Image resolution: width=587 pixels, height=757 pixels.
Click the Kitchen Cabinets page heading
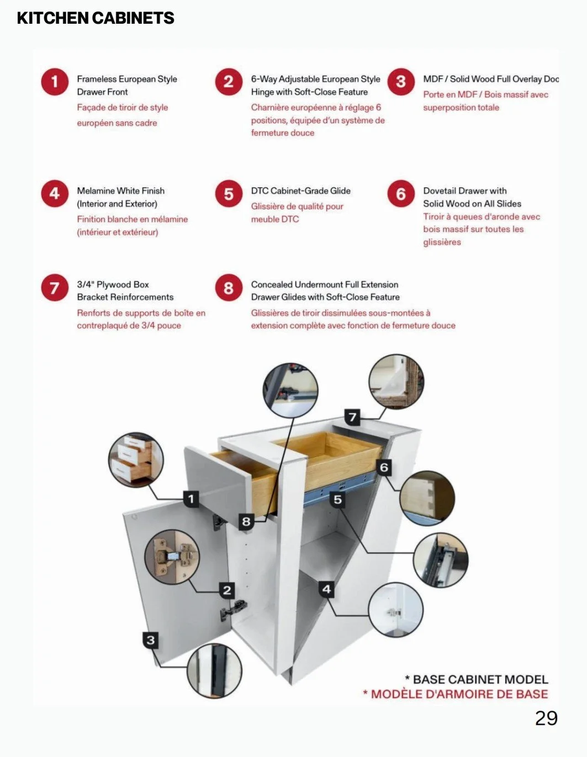click(96, 18)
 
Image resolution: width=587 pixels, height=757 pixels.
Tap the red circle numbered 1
click(55, 82)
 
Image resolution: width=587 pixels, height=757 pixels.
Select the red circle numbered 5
click(229, 194)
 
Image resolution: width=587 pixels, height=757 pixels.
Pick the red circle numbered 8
click(229, 288)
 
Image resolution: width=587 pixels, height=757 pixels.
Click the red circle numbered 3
click(401, 82)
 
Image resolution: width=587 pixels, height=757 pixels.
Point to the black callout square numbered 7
click(352, 417)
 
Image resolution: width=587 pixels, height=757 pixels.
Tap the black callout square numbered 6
click(384, 467)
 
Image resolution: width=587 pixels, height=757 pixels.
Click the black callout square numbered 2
click(227, 590)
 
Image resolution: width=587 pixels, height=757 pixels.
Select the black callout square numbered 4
click(326, 589)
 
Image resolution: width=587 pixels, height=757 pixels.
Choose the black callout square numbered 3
click(151, 640)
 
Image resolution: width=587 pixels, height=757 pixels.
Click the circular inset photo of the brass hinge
click(172, 557)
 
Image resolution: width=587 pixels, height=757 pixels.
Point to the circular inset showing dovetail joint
click(427, 498)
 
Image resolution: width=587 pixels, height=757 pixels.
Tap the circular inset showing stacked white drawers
click(136, 460)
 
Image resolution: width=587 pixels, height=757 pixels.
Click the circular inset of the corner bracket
click(396, 382)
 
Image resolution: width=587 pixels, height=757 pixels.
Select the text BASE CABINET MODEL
click(480, 679)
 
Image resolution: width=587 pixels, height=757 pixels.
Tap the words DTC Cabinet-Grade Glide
click(301, 191)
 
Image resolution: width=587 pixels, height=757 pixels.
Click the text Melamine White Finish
click(120, 191)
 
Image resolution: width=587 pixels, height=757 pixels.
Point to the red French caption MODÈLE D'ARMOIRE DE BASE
click(459, 694)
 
